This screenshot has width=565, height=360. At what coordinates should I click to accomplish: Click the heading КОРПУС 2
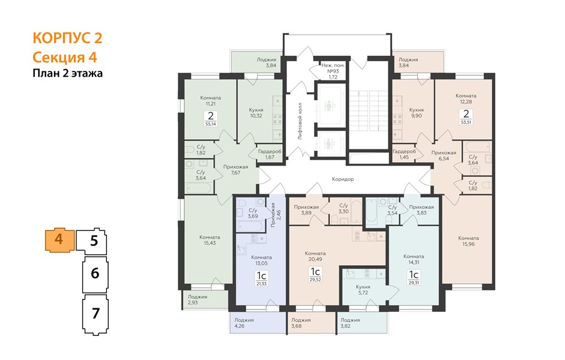[x=67, y=38]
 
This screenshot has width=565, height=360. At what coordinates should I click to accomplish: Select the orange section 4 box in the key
[x=59, y=240]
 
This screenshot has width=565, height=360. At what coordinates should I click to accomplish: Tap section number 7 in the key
[x=95, y=314]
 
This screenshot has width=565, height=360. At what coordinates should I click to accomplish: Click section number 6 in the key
[x=95, y=273]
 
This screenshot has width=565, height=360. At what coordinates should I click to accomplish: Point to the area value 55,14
[x=211, y=124]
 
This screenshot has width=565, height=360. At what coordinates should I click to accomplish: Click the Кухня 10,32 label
[x=256, y=113]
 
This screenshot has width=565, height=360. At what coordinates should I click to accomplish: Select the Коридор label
[x=343, y=179]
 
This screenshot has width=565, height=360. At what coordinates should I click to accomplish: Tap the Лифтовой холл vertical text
[x=300, y=121]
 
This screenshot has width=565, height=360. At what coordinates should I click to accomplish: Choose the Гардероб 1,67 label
[x=270, y=154]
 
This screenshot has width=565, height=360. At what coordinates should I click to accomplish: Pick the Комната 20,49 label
[x=315, y=256]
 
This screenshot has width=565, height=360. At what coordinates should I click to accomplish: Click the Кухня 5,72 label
[x=363, y=290]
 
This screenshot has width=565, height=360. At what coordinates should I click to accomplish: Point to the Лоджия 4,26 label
[x=244, y=323]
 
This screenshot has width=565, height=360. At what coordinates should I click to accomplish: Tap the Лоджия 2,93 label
[x=197, y=299]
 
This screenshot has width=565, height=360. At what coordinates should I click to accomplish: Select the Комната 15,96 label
[x=468, y=241]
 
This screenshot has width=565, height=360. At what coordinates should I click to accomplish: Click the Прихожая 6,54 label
[x=444, y=155]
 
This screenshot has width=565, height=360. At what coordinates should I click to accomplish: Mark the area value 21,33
[x=262, y=284]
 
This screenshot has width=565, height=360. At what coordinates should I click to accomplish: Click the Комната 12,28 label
[x=466, y=98]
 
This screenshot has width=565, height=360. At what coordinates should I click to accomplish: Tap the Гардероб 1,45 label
[x=404, y=154]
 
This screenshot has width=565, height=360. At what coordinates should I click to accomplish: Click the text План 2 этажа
[x=68, y=73]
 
